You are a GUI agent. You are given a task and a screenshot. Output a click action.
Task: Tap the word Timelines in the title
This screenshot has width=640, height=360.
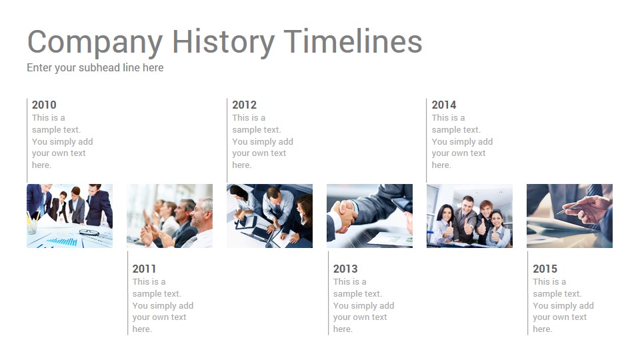353,41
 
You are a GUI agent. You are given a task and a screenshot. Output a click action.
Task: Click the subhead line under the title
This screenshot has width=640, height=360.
95,68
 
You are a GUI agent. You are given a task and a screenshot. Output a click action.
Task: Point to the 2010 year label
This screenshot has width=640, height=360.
44,105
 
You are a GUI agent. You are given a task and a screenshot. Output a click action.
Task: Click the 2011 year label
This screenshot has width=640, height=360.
144,269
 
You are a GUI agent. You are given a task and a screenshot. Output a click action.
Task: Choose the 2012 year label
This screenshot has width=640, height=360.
245,105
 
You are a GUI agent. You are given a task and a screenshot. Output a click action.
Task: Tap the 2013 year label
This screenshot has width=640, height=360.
345,269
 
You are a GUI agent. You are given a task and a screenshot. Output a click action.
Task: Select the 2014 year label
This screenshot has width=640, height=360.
444,105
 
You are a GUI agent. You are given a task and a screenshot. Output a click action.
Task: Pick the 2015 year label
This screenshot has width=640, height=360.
545,269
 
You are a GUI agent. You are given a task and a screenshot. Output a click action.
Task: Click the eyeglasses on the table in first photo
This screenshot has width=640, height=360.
89,233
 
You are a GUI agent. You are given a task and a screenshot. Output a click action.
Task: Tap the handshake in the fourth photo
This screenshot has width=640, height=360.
343,215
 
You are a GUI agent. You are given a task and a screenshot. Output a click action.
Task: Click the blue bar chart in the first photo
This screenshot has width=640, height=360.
63,241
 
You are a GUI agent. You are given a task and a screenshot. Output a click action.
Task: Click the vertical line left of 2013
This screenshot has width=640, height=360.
328,293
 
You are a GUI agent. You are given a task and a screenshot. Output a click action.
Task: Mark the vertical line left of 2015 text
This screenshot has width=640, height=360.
528,293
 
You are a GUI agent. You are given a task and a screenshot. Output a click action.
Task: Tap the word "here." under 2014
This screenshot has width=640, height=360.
441,165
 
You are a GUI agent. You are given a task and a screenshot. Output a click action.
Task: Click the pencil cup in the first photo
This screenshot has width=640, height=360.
31,226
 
